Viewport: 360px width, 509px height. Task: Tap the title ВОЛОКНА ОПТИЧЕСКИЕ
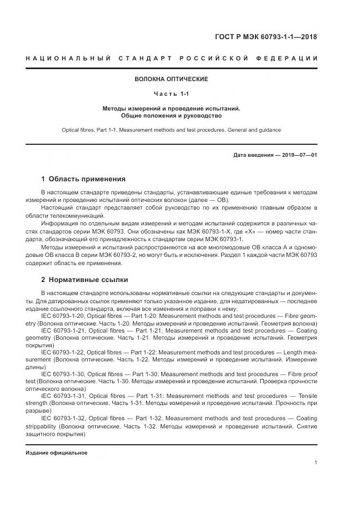click(x=172, y=79)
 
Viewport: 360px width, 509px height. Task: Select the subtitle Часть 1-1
click(x=172, y=94)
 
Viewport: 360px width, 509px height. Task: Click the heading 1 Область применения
click(x=83, y=179)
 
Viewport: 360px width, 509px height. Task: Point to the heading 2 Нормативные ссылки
click(x=85, y=280)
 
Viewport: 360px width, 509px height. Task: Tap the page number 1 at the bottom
click(x=316, y=463)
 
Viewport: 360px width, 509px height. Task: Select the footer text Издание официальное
click(x=57, y=453)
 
